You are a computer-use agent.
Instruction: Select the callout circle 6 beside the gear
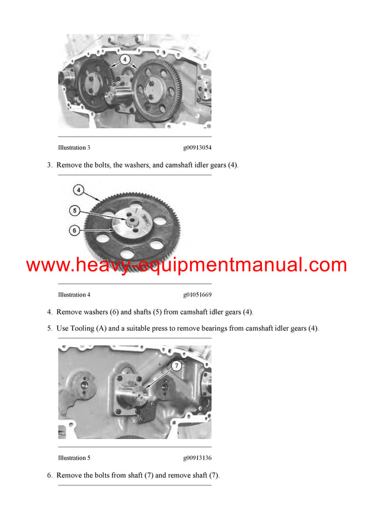74,230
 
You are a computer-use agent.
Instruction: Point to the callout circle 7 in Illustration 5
176,366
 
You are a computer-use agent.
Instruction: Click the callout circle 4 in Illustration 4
78,190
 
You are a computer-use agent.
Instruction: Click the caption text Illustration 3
74,148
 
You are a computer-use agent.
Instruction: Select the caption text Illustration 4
74,295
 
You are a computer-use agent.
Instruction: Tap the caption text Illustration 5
74,458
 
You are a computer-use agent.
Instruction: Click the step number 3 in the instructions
49,165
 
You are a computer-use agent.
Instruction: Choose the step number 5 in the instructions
49,328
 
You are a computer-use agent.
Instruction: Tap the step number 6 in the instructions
49,475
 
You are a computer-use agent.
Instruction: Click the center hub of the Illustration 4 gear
133,219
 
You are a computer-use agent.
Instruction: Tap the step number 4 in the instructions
49,312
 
